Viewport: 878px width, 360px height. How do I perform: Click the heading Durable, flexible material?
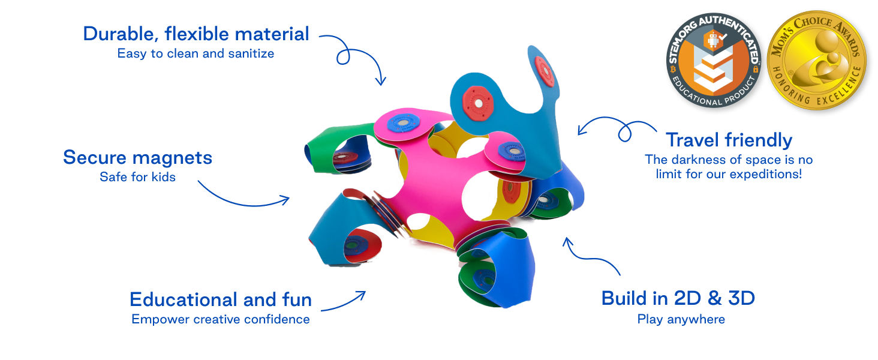point(196,34)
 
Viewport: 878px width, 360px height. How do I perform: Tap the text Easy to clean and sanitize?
point(196,53)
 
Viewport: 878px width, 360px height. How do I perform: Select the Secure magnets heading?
point(137,158)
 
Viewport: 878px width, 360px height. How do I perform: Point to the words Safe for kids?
point(137,177)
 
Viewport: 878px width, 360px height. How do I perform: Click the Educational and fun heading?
point(220,299)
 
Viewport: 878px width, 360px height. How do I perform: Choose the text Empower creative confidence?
point(220,319)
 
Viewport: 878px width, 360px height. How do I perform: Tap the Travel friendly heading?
point(729,140)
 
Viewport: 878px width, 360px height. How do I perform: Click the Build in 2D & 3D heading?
point(678,298)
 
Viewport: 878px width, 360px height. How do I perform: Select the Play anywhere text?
point(681,319)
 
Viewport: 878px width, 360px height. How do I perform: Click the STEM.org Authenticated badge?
point(713,61)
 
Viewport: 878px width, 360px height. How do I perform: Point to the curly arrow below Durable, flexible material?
point(353,57)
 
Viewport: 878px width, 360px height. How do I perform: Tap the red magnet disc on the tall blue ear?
point(545,71)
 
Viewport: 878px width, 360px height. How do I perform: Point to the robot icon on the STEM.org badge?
point(713,41)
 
